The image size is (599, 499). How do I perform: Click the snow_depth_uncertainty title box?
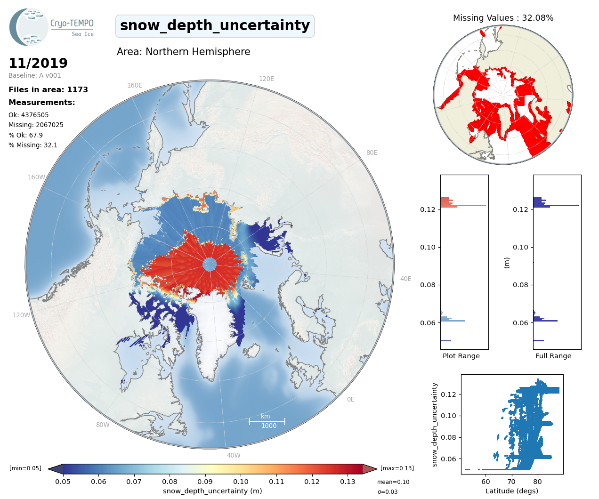215,26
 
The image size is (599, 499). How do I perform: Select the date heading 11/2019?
38,63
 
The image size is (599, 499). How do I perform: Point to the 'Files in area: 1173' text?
48,90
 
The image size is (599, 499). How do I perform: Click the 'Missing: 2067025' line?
36,125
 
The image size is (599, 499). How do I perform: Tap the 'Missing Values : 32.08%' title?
503,18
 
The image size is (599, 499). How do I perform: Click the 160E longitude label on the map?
135,85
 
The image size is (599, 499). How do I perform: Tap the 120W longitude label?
21,315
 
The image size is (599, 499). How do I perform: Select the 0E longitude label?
350,399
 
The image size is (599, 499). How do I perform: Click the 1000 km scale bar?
267,421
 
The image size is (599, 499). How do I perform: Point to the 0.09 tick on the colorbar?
205,482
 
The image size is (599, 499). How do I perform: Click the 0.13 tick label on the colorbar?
348,482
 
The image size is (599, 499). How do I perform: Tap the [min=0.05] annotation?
25,468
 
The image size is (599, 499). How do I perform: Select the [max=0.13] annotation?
397,468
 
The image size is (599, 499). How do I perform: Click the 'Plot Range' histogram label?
461,356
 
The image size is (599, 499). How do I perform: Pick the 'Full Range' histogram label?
553,356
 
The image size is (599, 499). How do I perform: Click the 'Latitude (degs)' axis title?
512,491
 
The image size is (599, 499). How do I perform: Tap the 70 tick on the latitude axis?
511,482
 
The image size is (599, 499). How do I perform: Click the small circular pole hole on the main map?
210,265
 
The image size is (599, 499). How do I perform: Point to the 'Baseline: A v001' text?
35,75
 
